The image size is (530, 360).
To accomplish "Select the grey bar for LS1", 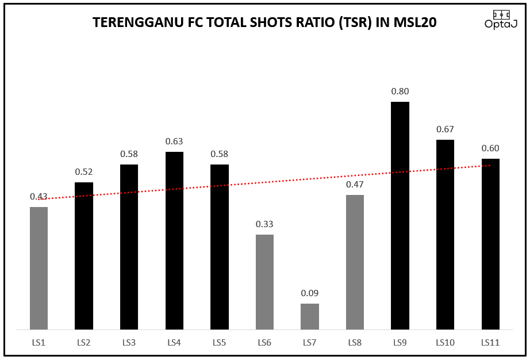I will tap(39, 268).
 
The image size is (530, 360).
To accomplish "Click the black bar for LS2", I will tap(84, 256).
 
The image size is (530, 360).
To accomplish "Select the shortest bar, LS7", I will tap(310, 316).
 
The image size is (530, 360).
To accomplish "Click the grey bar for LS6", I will tap(264, 282).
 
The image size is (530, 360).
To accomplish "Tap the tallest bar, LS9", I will tap(400, 216).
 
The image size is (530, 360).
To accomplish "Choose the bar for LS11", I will tap(490, 244).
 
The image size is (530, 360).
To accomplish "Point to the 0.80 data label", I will tap(400, 91).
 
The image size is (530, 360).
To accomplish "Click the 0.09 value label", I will tap(310, 293).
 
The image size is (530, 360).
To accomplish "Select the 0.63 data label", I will tap(174, 141).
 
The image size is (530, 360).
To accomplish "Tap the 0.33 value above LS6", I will tap(264, 224).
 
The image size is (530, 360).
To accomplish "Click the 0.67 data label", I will tap(445, 129).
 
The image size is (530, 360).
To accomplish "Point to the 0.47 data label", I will tap(355, 185).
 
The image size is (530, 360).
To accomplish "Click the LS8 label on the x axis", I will tap(355, 343).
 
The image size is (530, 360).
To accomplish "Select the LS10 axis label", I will tap(445, 343).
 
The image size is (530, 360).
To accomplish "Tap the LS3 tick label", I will tap(129, 343).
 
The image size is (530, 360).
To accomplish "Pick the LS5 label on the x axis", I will tap(219, 343).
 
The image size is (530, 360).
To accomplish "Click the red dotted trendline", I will tap(287, 181).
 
